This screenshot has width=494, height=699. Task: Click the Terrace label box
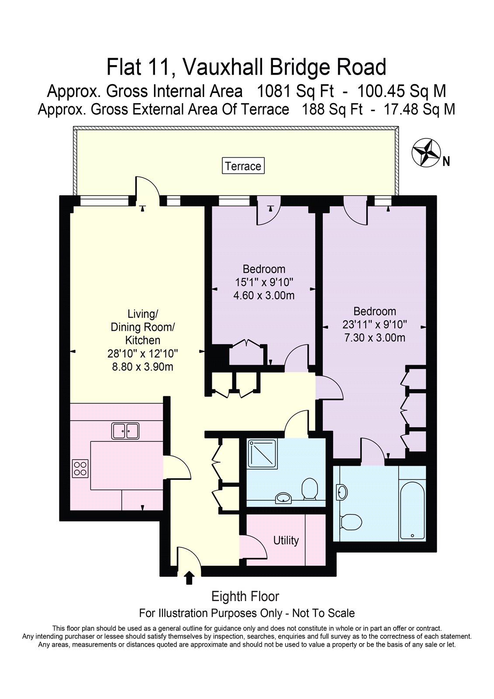(x=243, y=166)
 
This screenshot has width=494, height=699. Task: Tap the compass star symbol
(x=426, y=153)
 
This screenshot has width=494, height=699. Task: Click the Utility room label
(x=286, y=540)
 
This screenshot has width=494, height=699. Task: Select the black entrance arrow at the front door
(x=189, y=578)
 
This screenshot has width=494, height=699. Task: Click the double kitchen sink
(x=125, y=431)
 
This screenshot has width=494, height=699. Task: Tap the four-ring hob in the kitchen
(x=80, y=469)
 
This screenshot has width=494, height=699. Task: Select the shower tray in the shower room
(x=262, y=454)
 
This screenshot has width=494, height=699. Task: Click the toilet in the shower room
(x=310, y=489)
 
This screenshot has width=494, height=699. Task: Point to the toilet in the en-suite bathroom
(x=351, y=522)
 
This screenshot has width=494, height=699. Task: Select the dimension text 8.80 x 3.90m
(x=143, y=367)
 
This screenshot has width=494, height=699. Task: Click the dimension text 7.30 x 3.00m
(x=374, y=338)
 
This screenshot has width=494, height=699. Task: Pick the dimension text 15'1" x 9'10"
(x=264, y=282)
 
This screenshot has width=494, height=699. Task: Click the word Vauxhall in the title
(x=224, y=67)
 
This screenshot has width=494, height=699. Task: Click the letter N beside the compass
(x=446, y=162)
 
